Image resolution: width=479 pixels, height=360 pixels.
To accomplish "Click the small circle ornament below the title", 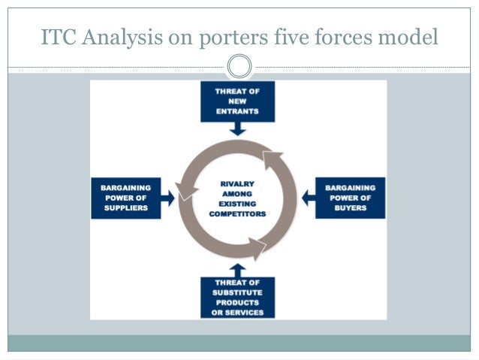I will click(x=239, y=67).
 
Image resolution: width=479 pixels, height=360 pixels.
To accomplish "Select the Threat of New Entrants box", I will click(x=237, y=101).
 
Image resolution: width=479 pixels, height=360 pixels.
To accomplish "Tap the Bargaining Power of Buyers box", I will click(x=350, y=198).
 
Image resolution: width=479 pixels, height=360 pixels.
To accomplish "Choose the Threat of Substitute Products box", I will click(x=237, y=297).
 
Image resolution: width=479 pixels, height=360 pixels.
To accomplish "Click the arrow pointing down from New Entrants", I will click(x=237, y=129).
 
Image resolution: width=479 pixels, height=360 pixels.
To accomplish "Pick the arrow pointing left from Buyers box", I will click(x=308, y=198).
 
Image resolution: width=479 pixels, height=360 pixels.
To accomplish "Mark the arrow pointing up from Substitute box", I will click(x=237, y=269).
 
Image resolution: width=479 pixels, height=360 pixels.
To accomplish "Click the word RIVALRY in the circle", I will click(x=237, y=183).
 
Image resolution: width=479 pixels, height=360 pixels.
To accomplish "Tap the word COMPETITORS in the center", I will click(x=237, y=213).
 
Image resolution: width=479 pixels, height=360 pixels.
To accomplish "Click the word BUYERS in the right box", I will click(x=351, y=208).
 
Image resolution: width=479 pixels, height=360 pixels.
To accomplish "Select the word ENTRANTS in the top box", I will click(x=237, y=111).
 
